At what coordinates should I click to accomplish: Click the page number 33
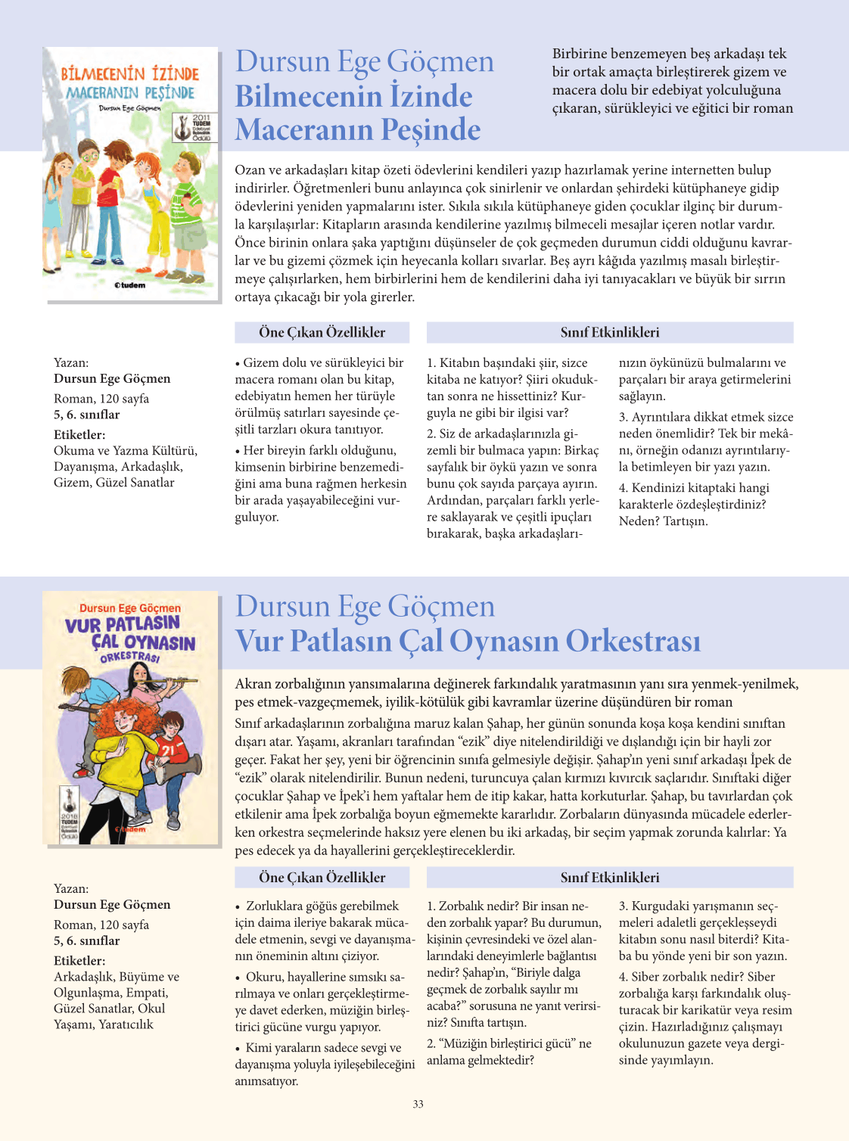(418, 1104)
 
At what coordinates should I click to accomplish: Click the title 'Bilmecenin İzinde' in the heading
(353, 96)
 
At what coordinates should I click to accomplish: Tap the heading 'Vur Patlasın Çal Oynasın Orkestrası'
(467, 641)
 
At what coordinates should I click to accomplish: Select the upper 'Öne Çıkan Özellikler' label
(322, 332)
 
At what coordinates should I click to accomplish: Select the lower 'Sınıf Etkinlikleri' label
(609, 878)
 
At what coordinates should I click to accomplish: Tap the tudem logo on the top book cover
(129, 285)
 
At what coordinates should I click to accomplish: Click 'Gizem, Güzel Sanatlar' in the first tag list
(114, 483)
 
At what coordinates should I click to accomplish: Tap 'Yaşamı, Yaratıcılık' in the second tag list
(103, 1024)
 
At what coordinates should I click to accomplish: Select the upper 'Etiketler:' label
(79, 435)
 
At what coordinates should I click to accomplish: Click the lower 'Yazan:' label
(71, 888)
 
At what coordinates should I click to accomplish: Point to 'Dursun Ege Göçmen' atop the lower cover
(130, 608)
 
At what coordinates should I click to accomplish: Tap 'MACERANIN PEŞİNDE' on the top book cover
(130, 93)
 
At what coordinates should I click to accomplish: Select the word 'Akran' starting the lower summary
(253, 684)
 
